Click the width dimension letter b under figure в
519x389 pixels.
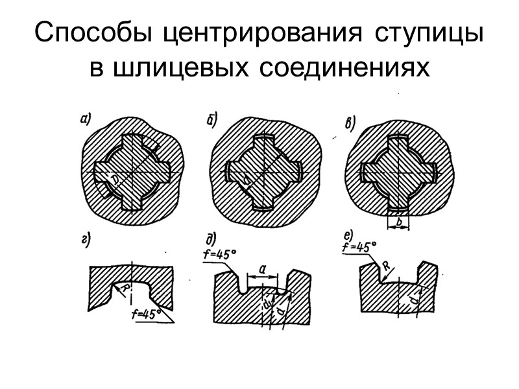point(398,222)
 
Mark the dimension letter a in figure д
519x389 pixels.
point(261,266)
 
